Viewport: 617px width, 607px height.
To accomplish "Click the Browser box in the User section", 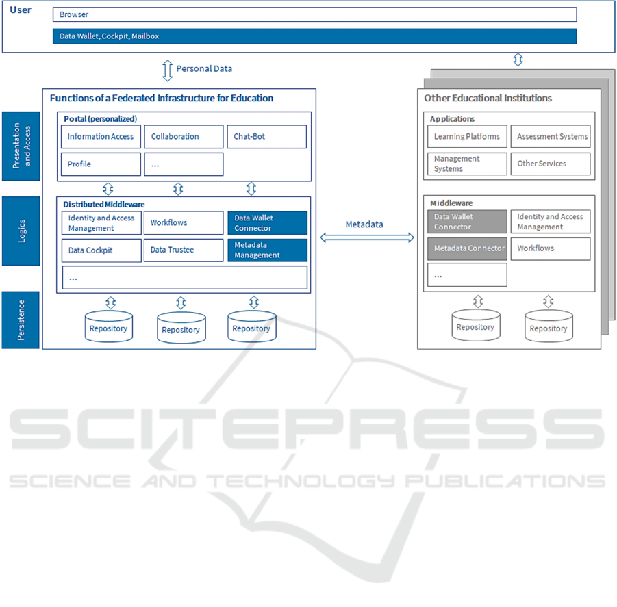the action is coord(315,14).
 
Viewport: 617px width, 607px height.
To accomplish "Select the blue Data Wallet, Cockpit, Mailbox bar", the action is coord(315,36).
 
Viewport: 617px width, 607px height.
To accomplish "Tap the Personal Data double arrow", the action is coord(168,70).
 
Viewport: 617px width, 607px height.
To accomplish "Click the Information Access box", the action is coord(101,137).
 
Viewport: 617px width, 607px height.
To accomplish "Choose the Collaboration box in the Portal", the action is coord(184,137).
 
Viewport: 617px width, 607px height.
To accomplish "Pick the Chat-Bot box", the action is coord(267,137).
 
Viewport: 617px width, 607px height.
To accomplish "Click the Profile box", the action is coord(101,164).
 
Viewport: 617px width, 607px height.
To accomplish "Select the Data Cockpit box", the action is coord(101,250).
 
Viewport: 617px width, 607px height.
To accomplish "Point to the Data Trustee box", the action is coord(184,250).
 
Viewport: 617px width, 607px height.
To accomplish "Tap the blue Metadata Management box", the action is coord(268,250).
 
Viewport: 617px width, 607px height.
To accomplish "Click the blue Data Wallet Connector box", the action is coord(268,223).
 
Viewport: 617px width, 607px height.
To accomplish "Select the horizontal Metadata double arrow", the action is coord(367,237).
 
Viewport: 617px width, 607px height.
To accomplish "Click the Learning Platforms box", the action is coord(467,136).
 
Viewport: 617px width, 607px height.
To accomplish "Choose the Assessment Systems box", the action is coord(551,136).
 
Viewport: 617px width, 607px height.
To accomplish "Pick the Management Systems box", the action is coord(467,164).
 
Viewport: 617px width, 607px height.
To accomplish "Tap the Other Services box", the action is coord(551,164).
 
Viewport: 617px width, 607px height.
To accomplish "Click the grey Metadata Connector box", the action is coord(467,248).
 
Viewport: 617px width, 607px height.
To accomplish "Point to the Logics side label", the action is coord(21,231).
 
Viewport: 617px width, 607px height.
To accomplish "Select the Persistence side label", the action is coord(21,320).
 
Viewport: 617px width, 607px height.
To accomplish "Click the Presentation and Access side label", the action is coord(21,146).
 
